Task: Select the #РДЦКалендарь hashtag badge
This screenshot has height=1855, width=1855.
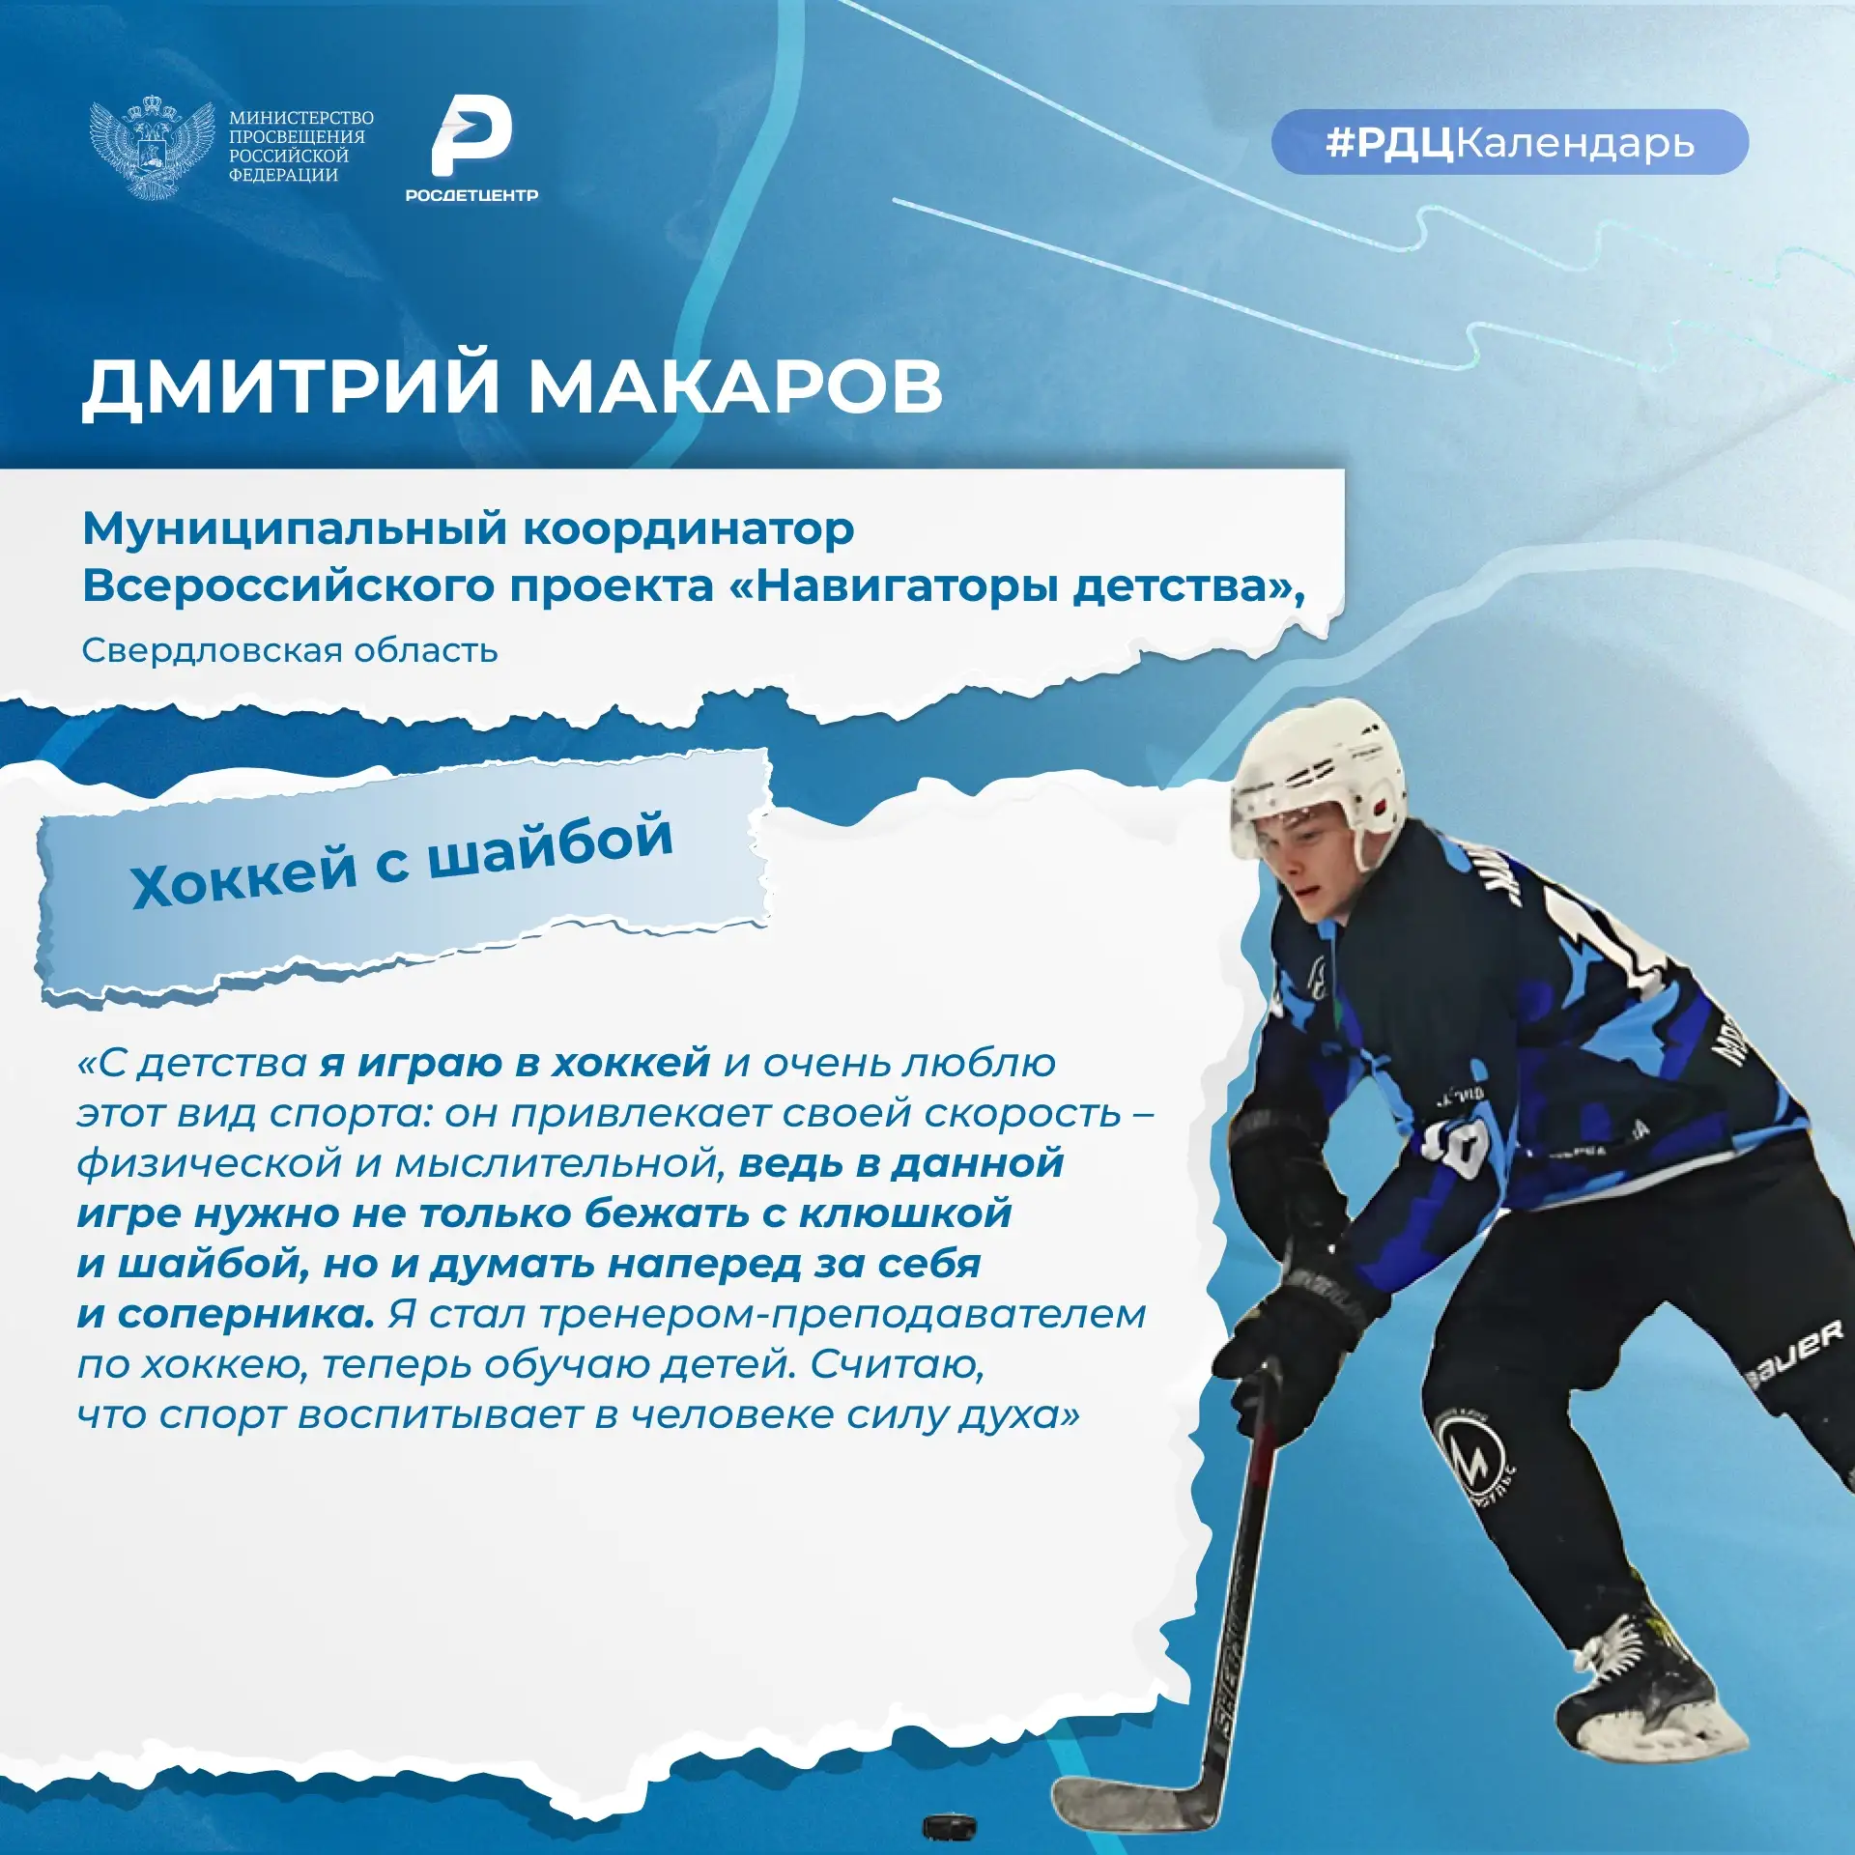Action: click(x=1509, y=142)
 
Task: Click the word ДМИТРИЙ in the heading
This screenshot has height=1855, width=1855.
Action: click(x=291, y=387)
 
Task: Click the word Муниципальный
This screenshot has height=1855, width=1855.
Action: click(x=295, y=530)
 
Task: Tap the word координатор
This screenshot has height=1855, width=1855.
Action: click(x=689, y=530)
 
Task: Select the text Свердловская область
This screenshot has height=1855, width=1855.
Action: click(x=290, y=650)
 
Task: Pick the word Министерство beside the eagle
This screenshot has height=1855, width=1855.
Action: click(x=301, y=118)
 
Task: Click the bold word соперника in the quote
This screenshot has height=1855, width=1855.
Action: click(x=246, y=1315)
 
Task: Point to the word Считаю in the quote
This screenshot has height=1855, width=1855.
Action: click(x=898, y=1365)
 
